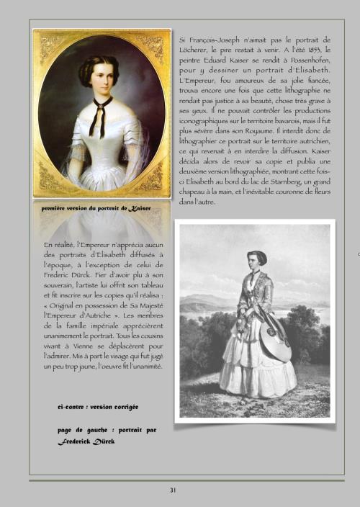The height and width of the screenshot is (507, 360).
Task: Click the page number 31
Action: [x=173, y=490]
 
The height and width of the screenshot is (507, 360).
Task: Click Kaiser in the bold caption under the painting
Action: [x=135, y=208]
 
